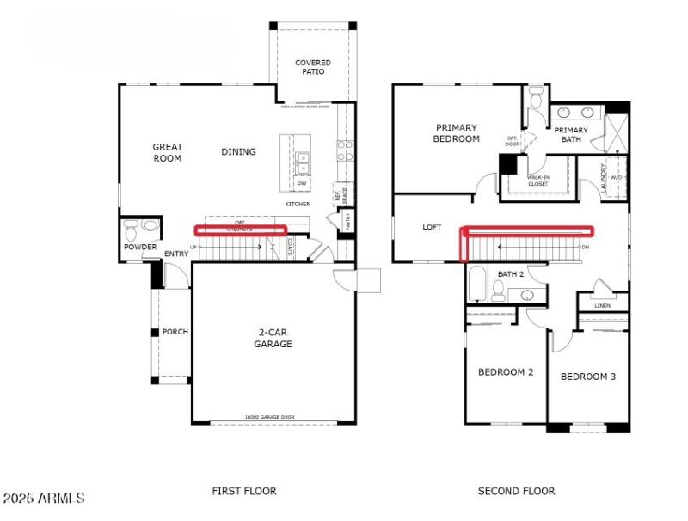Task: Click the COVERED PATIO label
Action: pos(313,67)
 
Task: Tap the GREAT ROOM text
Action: pos(168,152)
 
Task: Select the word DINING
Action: pos(238,152)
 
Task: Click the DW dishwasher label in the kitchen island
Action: pos(302,183)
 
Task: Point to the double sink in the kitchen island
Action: pos(303,158)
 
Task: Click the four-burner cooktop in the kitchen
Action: pos(345,151)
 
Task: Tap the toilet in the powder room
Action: pos(132,229)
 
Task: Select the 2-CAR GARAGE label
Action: pos(273,338)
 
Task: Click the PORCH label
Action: pos(175,332)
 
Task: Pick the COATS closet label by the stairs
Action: pos(291,247)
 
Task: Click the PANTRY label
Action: pos(347,221)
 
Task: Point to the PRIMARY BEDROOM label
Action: pos(456,133)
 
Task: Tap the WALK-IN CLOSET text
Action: pos(538,180)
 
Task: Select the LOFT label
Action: pos(432,228)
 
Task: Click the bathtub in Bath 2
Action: pos(478,284)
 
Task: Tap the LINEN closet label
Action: pos(602,304)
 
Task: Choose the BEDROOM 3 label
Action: pos(588,377)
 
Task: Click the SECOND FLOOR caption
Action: pos(516,491)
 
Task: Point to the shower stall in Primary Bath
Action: pos(617,132)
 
